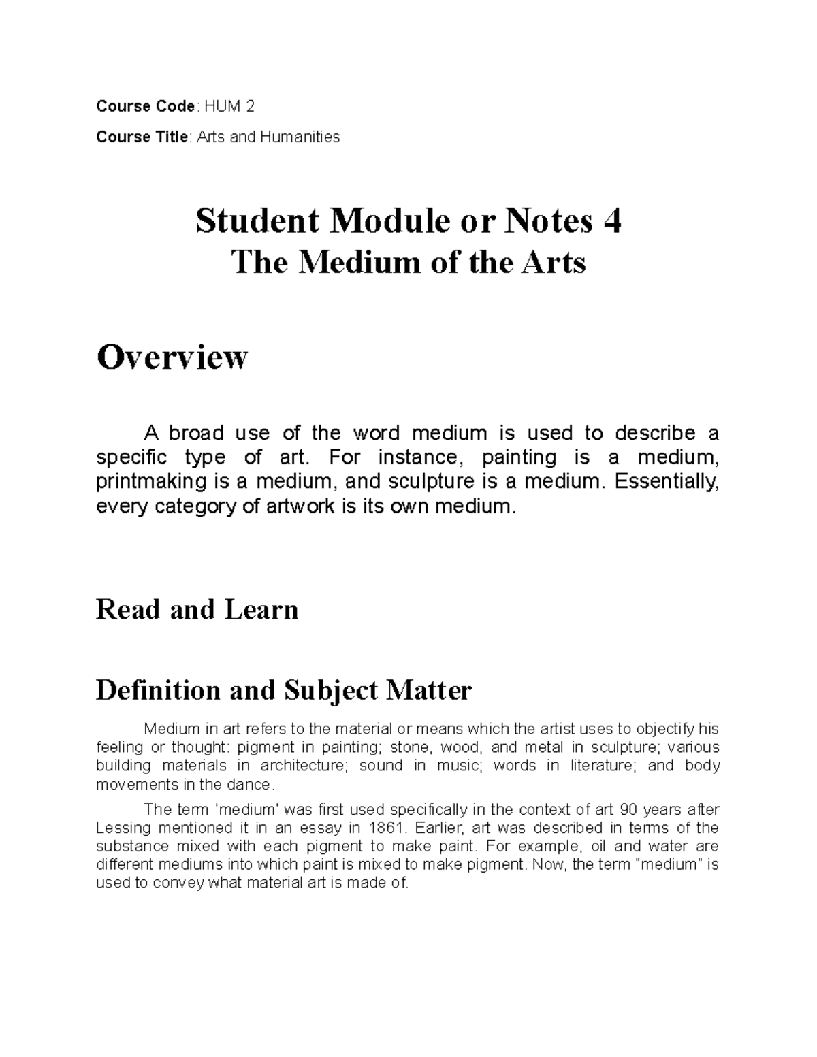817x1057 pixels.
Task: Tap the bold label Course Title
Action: (142, 137)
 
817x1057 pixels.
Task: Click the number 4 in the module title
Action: (611, 221)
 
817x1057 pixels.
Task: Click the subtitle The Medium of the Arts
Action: (408, 262)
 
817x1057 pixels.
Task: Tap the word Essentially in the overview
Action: (667, 482)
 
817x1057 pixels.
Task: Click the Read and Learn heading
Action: (197, 609)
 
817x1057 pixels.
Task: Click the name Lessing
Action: (125, 828)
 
